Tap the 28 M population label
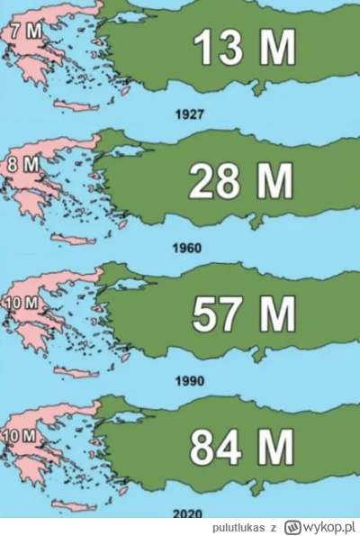[x=241, y=182]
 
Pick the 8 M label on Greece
[x=20, y=166]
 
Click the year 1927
[x=192, y=115]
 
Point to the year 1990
[x=191, y=380]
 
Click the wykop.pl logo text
[x=323, y=525]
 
